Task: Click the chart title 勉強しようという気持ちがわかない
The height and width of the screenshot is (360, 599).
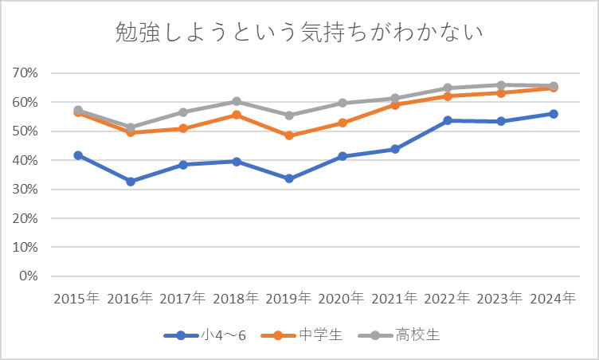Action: pos(299,33)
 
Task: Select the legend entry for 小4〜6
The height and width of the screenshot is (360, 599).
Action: pos(216,335)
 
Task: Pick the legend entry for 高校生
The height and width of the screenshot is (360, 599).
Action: pos(417,335)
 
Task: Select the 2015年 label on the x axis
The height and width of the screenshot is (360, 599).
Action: pos(77,299)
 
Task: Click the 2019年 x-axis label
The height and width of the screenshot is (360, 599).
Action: pos(289,299)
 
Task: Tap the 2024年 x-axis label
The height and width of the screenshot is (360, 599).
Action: pos(553,299)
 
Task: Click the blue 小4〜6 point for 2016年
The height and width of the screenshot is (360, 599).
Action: pos(131,182)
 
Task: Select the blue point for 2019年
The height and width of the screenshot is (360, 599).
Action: pos(289,178)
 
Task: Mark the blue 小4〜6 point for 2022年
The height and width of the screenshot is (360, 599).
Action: pos(448,120)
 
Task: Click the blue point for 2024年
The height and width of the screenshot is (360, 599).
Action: pos(553,114)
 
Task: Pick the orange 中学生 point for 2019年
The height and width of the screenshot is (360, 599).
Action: pos(289,135)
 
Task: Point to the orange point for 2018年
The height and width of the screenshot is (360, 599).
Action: pos(237,115)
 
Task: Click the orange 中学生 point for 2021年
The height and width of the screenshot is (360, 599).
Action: pos(395,104)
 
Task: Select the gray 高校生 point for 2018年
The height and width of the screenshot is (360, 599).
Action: pos(237,101)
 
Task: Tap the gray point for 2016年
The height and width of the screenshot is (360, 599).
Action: pos(131,127)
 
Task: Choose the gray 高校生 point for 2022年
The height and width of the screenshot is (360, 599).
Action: pos(448,88)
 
